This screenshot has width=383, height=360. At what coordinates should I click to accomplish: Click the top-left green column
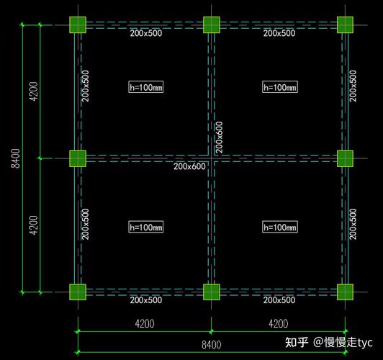point(78,24)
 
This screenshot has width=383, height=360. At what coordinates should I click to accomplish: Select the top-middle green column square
point(212,24)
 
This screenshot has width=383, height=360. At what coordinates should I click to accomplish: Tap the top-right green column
point(345,24)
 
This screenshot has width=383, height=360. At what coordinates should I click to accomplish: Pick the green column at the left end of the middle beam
point(78,158)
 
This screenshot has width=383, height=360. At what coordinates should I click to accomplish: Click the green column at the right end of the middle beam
point(345,158)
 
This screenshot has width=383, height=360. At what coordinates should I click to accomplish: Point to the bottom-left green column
point(78,292)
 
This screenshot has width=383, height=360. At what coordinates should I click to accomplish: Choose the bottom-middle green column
point(212,292)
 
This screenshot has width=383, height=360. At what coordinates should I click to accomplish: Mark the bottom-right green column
point(345,292)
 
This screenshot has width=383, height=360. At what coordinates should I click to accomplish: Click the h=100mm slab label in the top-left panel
point(146,87)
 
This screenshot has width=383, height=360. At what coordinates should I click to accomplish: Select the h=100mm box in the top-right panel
point(280,87)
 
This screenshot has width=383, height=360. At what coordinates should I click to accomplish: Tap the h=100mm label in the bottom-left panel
point(146,227)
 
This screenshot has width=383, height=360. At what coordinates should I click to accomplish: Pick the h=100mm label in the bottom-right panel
point(280,227)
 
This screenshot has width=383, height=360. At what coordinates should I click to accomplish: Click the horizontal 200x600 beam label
point(189,166)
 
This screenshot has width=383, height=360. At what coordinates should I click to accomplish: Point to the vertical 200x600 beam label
point(219,138)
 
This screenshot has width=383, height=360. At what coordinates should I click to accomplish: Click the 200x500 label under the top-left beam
point(146,33)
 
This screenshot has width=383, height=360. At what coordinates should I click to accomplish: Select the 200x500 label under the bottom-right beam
point(279,300)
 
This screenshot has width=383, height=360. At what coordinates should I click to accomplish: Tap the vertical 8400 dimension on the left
point(16,158)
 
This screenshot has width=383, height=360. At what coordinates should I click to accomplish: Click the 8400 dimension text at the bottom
point(211,345)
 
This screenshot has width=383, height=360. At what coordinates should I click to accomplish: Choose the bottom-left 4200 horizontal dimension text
point(145,324)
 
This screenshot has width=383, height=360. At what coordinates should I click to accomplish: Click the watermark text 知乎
point(297,342)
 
